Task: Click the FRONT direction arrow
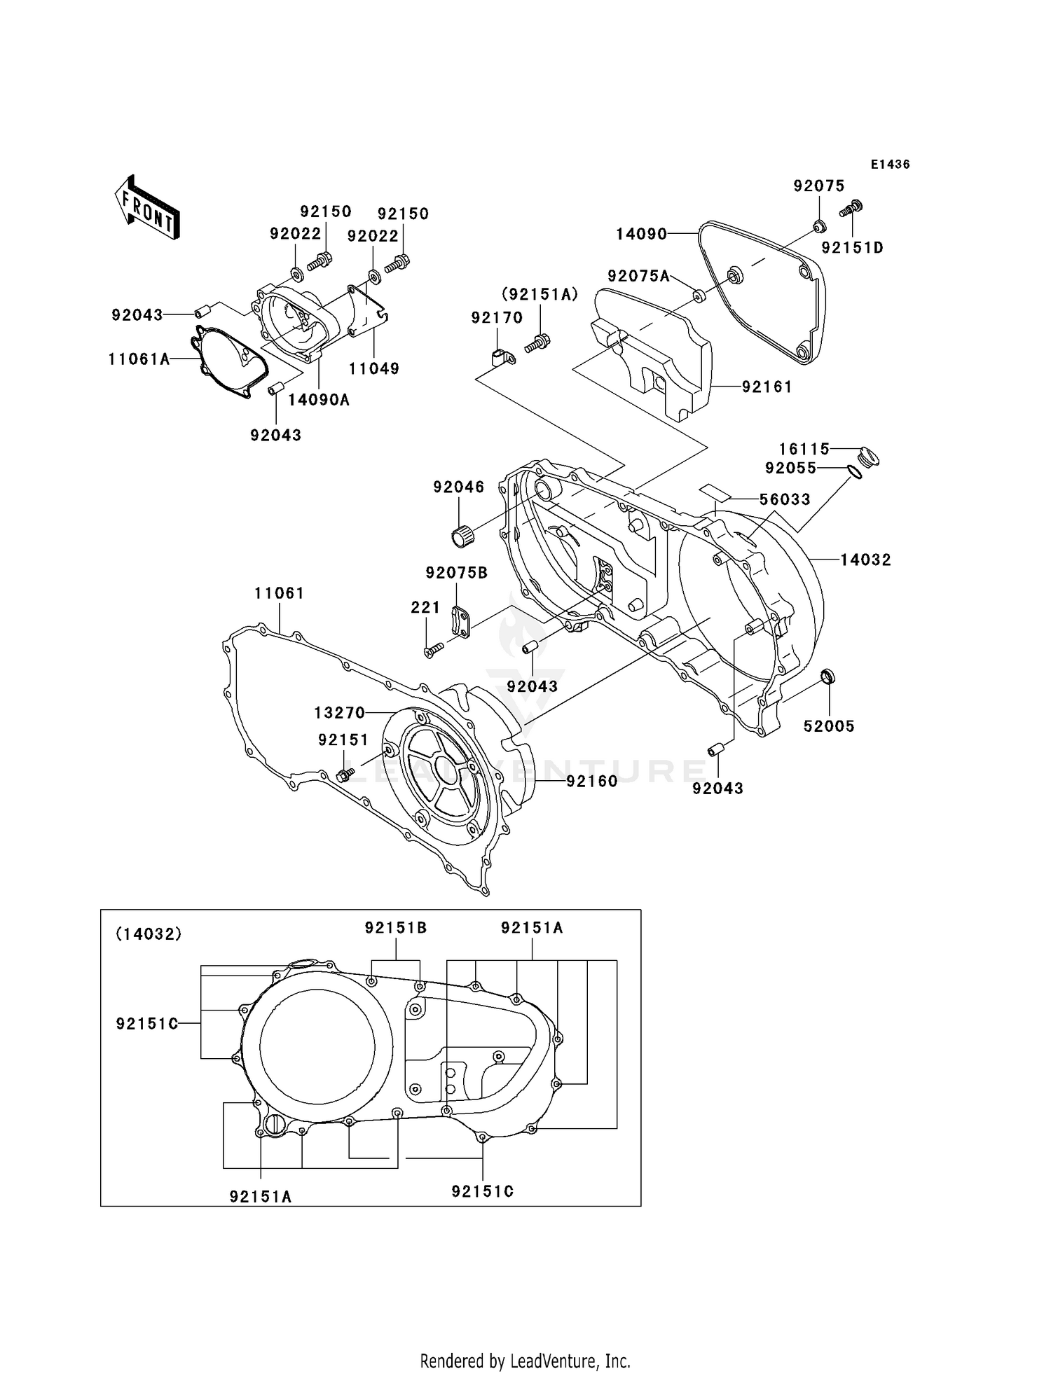tap(147, 207)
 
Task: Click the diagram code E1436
tap(890, 165)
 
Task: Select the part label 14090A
tap(319, 400)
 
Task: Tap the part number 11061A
tap(139, 359)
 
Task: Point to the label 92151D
tap(852, 248)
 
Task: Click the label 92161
tap(767, 387)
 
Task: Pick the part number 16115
tap(804, 448)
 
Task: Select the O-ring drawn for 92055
tap(854, 473)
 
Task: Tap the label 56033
tap(785, 499)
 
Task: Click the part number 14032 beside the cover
tap(865, 560)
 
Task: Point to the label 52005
tap(829, 726)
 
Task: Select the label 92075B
tap(457, 573)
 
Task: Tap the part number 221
tap(425, 608)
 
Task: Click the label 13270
tap(339, 713)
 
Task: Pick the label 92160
tap(592, 781)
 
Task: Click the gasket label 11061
tap(279, 593)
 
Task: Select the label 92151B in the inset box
tap(395, 928)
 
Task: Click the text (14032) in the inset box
tap(149, 934)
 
